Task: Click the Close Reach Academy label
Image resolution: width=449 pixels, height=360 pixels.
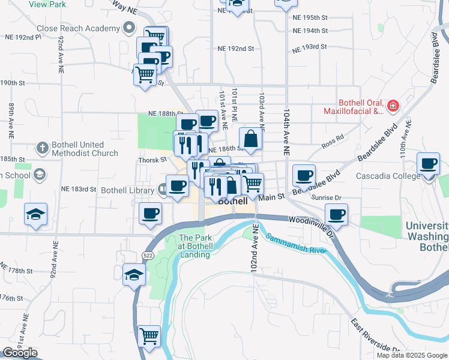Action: [78, 28]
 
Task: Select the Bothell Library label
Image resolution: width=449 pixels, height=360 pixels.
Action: [127, 191]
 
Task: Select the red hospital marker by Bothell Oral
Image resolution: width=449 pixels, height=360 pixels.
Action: [393, 106]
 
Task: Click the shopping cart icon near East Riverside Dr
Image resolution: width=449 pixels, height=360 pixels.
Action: [149, 335]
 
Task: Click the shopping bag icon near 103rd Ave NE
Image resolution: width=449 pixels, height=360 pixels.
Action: [251, 138]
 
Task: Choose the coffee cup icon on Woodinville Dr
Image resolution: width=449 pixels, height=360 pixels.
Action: [336, 214]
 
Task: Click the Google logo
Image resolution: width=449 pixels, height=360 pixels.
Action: [20, 353]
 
